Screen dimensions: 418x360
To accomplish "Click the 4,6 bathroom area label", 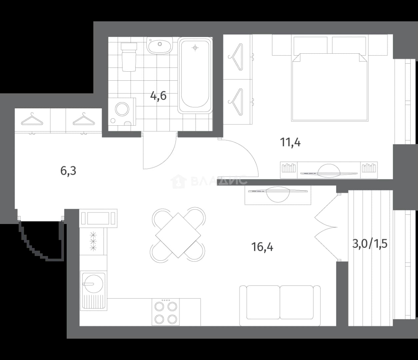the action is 158,96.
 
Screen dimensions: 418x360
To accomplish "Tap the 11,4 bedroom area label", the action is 290,142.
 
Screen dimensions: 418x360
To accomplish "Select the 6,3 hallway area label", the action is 68,171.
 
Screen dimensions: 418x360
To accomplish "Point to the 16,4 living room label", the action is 262,247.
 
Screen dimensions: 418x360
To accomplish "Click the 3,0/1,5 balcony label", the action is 370,244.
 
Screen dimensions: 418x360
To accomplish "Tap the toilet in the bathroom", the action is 129,57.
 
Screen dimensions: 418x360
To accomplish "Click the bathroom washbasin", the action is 160,46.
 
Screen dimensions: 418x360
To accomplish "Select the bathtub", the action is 195,75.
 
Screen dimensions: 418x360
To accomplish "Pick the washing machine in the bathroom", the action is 122,112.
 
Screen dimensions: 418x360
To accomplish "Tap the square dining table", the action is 178,235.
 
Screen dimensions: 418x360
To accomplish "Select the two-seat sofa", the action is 280,305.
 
